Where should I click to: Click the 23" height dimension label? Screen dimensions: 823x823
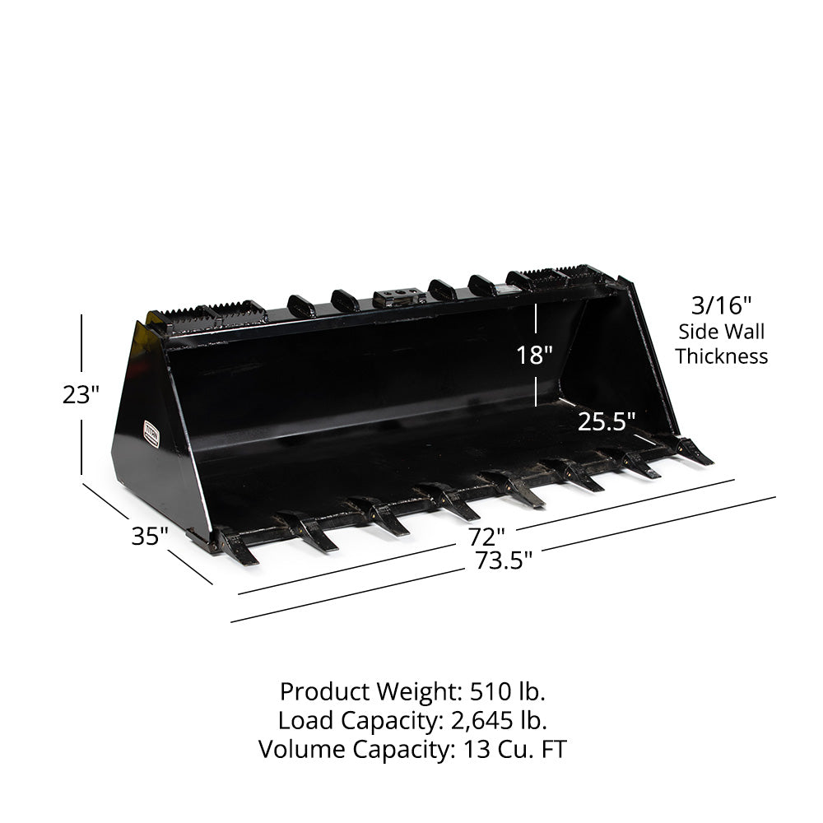(x=80, y=395)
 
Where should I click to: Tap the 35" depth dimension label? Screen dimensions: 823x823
(x=149, y=537)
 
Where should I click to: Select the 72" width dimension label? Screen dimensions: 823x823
(x=487, y=537)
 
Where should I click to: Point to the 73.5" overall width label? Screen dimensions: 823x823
(x=504, y=561)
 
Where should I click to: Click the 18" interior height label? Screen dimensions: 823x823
(x=534, y=356)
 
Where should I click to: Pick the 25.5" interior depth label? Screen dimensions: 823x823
(x=607, y=422)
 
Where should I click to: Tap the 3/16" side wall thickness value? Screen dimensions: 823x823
(x=721, y=306)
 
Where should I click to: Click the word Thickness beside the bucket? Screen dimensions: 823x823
(x=722, y=356)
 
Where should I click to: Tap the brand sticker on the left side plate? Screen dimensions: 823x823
(x=151, y=435)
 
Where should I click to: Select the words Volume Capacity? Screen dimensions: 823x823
(x=345, y=750)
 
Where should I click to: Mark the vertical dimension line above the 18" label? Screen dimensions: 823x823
(x=537, y=321)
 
